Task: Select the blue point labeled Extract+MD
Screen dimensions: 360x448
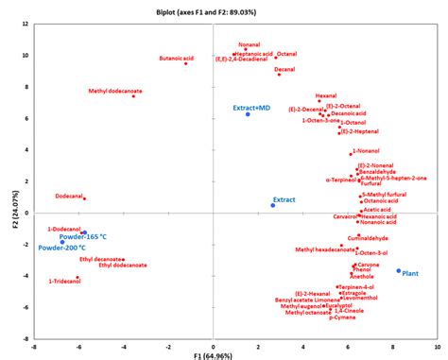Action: (248, 114)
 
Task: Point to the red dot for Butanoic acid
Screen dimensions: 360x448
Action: (185, 63)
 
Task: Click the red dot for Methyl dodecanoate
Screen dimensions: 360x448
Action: (133, 96)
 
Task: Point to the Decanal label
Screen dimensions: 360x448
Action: (284, 69)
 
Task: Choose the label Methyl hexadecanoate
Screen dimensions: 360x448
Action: (321, 250)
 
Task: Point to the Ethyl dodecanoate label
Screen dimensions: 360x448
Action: (123, 265)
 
